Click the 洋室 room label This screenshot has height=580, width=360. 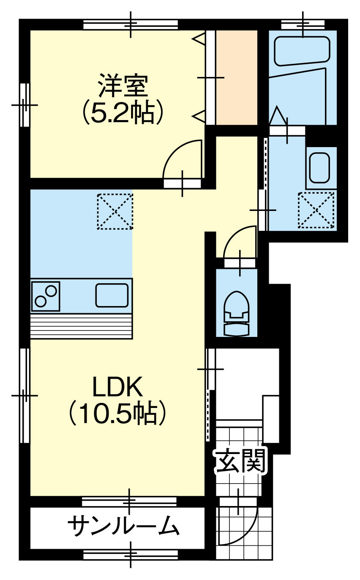(123, 86)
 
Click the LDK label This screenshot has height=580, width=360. (118, 387)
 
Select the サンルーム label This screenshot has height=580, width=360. (124, 525)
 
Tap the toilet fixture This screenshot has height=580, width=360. (237, 314)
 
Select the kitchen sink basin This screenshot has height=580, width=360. (112, 295)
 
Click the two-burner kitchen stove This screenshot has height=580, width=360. (46, 296)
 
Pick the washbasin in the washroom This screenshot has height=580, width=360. (320, 168)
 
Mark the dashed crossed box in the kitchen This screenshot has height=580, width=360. (115, 211)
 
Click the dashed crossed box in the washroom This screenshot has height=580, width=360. (316, 210)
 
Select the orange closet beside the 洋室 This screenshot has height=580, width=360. (237, 77)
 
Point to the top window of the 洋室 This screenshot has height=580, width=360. (131, 25)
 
